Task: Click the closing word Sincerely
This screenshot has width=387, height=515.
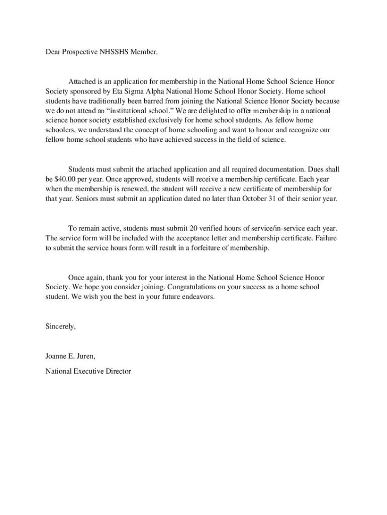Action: click(60, 326)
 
